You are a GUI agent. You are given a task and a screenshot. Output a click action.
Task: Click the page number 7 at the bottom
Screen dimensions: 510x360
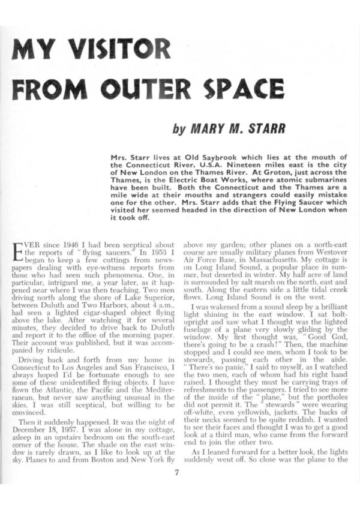(177, 471)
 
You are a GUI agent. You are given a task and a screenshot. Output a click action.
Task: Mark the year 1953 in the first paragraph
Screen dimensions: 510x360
(140, 254)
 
